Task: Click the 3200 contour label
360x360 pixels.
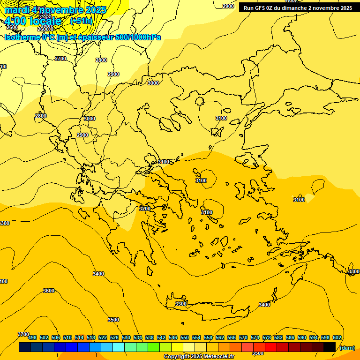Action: click(145, 209)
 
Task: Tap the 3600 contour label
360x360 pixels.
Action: click(49, 291)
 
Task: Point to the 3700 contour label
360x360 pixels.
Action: click(23, 334)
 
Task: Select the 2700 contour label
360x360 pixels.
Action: click(60, 59)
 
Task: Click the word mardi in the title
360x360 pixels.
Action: click(17, 10)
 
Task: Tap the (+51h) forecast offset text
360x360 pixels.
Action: click(81, 21)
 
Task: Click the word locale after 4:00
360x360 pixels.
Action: click(45, 21)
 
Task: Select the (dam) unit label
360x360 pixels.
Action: click(347, 347)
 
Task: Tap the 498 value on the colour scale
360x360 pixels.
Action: click(32, 337)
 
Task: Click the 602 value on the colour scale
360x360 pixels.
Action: click(337, 337)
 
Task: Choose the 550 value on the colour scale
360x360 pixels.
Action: click(185, 337)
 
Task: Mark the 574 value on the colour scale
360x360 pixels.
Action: click(255, 337)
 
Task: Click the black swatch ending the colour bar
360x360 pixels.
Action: click(329, 347)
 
